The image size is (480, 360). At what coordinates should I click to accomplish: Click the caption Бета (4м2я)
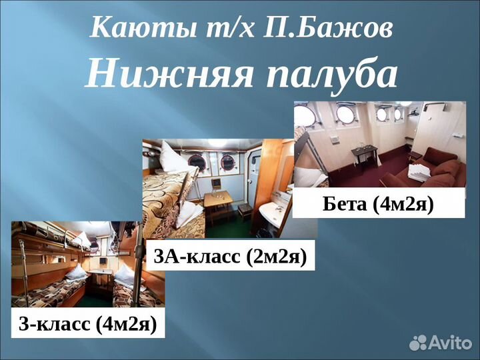[x=378, y=203]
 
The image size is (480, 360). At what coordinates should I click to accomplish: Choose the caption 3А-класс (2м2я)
[x=231, y=256]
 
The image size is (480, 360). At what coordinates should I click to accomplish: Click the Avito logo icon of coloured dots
[x=418, y=343]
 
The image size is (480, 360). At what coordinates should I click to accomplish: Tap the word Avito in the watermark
[x=451, y=343]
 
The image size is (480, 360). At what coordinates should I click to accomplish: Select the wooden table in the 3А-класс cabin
[x=218, y=199]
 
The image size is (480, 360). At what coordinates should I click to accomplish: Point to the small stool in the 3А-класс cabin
[x=245, y=209]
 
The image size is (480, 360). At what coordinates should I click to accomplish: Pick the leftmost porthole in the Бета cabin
[x=305, y=116]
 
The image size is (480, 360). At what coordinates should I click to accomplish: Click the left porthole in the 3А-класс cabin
[x=197, y=161]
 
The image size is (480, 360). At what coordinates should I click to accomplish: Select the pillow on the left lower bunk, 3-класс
[x=76, y=271]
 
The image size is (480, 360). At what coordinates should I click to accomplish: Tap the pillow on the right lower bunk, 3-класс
[x=125, y=273]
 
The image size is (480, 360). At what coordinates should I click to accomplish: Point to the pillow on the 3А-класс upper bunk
[x=173, y=159]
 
